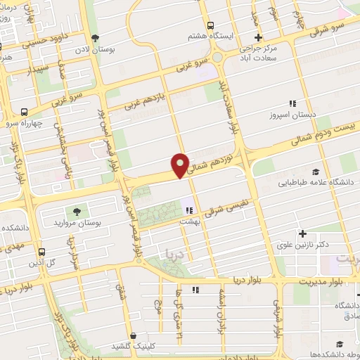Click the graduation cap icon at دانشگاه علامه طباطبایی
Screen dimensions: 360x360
[x=316, y=172]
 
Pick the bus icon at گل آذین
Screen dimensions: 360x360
[x=42, y=251]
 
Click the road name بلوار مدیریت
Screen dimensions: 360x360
[x=323, y=280]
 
